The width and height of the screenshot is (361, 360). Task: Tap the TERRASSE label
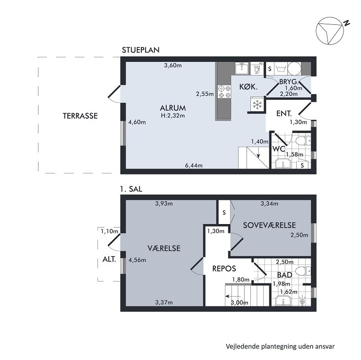[x=80, y=116]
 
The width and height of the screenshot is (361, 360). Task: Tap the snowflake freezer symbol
[x=257, y=104]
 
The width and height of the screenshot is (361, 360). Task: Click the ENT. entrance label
[x=284, y=114]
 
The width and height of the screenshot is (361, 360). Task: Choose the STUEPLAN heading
[x=141, y=50]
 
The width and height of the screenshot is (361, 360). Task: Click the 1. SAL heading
[x=130, y=189]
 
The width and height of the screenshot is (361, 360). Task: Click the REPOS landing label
[x=225, y=268]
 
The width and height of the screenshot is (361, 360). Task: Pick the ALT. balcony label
[x=109, y=259]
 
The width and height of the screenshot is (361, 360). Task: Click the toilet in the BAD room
[x=302, y=270]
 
